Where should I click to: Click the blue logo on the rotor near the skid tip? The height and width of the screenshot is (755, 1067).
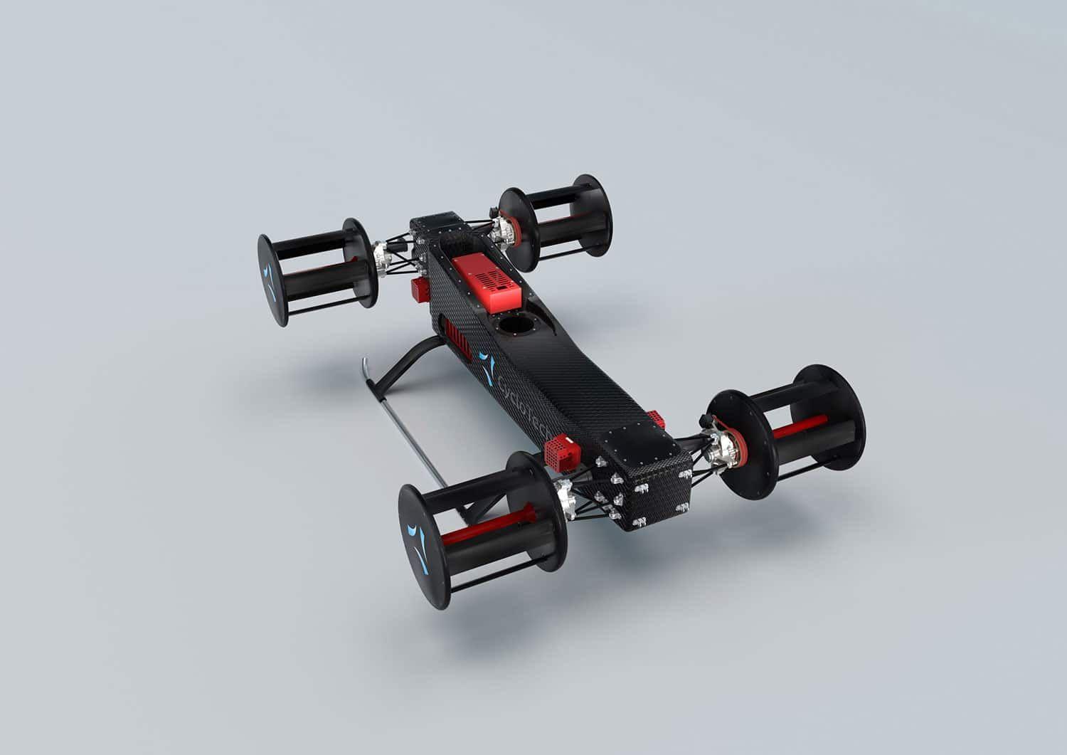coord(270,282)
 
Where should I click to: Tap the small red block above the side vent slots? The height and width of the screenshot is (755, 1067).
coord(420,289)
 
